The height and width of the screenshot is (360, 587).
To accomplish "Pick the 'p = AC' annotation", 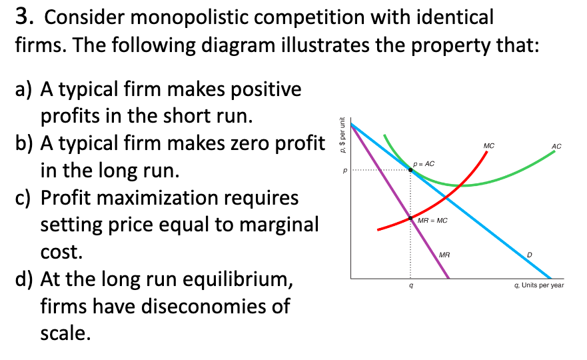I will [424, 163].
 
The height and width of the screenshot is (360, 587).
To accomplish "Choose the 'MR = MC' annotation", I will [432, 220].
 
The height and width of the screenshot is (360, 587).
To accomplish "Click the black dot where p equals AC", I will [410, 170].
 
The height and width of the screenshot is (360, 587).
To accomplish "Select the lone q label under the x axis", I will [411, 285].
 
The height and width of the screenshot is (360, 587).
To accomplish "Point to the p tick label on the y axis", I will [345, 171].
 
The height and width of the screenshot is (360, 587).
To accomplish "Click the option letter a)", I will [24, 89].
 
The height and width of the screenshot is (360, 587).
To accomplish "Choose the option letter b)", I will [24, 143].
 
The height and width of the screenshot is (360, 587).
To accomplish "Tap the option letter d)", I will [24, 279].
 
